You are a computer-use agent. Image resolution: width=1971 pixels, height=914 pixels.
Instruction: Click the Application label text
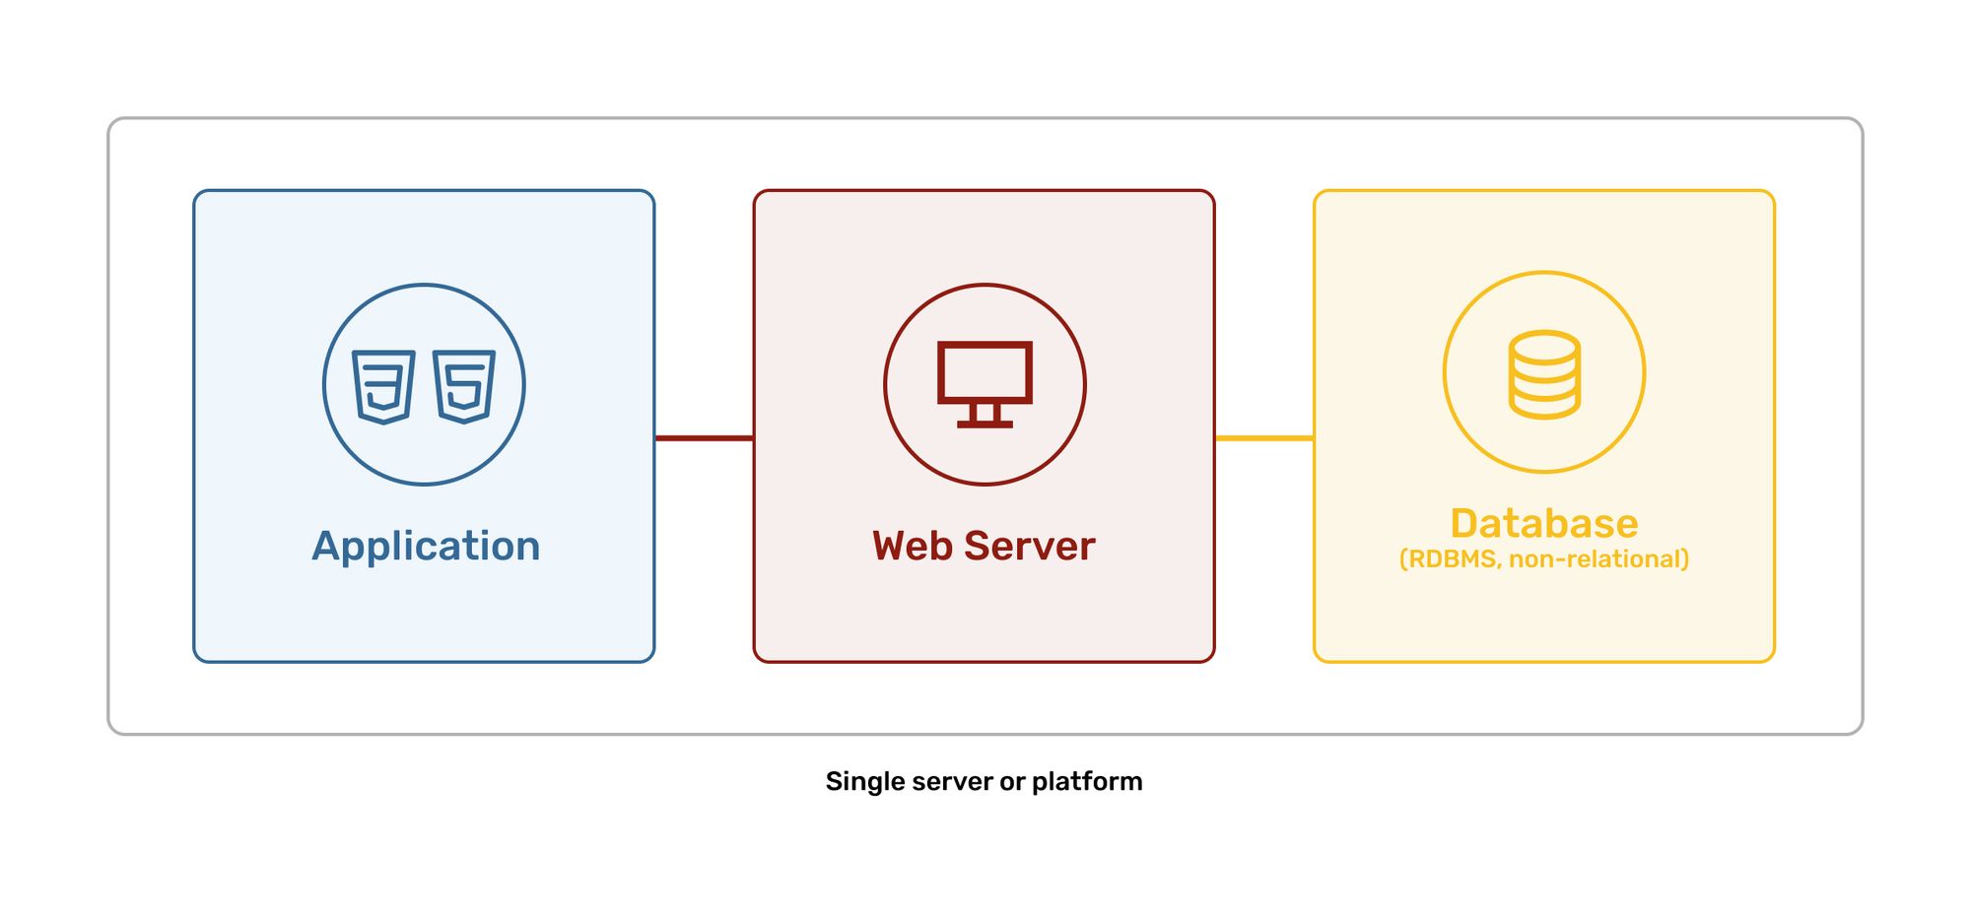click(x=426, y=547)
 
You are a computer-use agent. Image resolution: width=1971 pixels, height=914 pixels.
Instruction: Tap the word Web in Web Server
click(x=912, y=547)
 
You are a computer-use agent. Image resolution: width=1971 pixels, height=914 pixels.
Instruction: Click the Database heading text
click(x=1543, y=524)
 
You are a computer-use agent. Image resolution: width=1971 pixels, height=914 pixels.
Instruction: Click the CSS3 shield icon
click(x=383, y=386)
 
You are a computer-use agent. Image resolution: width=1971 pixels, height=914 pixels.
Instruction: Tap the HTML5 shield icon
click(x=464, y=386)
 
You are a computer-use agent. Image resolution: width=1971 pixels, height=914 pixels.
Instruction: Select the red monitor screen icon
click(x=985, y=372)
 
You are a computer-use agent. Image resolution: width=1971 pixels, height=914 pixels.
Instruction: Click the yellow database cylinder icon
click(x=1544, y=375)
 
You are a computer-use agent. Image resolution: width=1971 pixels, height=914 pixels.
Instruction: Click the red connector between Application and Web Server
click(x=704, y=438)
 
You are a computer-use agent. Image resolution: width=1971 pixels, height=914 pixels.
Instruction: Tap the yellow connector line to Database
click(x=1263, y=438)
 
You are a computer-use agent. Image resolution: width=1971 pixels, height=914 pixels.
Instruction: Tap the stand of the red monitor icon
click(x=985, y=416)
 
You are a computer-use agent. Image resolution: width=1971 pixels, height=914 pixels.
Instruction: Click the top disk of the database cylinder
click(x=1544, y=347)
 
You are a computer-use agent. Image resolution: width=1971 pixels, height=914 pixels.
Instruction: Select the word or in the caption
click(x=1012, y=782)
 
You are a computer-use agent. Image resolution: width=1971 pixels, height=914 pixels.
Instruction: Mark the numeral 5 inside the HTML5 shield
click(x=464, y=385)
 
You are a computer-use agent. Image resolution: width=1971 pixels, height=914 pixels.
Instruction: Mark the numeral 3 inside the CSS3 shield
click(x=384, y=385)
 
